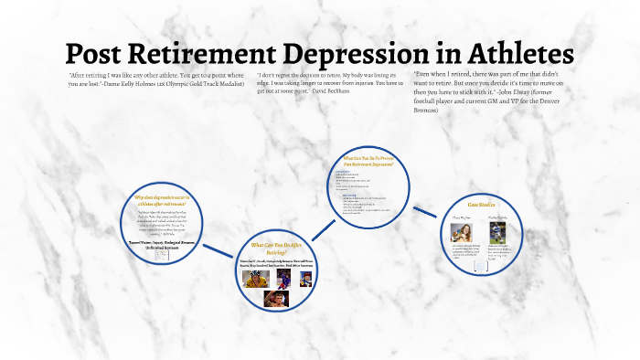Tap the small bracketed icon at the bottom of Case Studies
482,269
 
